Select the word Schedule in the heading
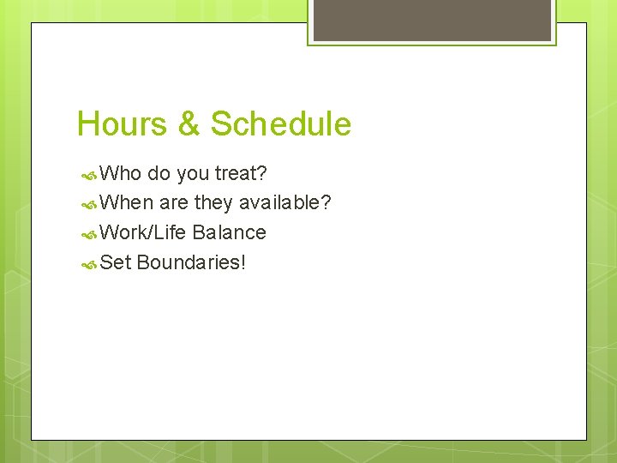pos(281,124)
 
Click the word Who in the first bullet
pos(121,174)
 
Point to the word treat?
pos(241,174)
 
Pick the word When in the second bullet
pos(127,203)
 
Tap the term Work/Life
pos(144,232)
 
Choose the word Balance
pos(230,232)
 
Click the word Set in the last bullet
pos(116,262)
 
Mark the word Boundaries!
pos(191,262)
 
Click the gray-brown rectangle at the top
pos(432,19)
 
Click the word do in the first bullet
pos(159,174)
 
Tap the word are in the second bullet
pos(174,203)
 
